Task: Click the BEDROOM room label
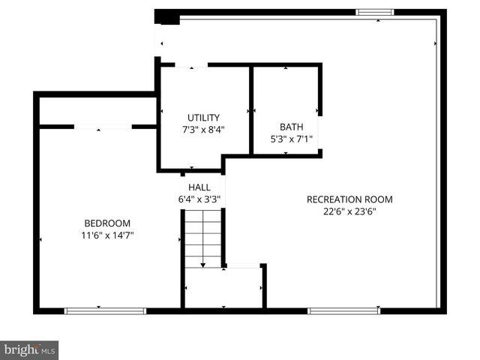point(107,223)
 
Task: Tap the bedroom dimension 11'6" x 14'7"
point(107,235)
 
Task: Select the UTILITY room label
point(203,118)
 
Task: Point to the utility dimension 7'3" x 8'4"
point(203,129)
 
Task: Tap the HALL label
point(199,187)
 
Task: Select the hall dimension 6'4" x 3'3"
point(199,199)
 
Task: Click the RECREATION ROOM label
point(349,199)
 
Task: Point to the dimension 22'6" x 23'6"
point(349,211)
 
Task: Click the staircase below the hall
point(202,238)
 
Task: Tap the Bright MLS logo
point(29,350)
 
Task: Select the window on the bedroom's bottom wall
point(104,310)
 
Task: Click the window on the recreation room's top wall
point(374,12)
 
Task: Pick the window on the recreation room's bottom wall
point(343,310)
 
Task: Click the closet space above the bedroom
point(96,111)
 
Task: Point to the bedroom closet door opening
point(103,127)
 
